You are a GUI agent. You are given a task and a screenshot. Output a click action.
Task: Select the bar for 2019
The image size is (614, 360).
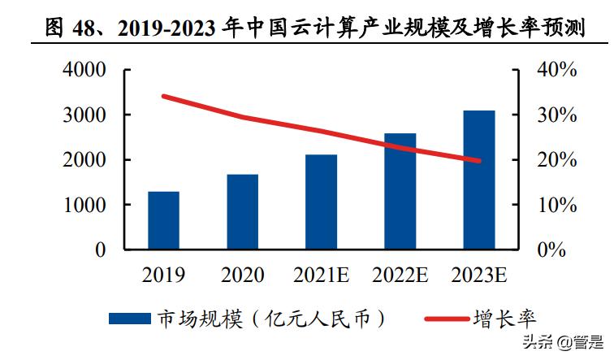pyautogui.click(x=163, y=220)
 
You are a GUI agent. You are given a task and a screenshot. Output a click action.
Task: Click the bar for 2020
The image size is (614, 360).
pyautogui.click(x=242, y=211)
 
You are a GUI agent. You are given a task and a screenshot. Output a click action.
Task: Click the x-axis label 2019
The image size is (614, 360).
pyautogui.click(x=163, y=275)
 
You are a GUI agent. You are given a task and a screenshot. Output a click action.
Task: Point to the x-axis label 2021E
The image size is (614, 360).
pyautogui.click(x=321, y=275)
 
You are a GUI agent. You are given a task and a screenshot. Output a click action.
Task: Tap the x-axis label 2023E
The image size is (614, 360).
pyautogui.click(x=478, y=275)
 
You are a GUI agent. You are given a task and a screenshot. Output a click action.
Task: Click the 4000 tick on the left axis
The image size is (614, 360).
pyautogui.click(x=84, y=70)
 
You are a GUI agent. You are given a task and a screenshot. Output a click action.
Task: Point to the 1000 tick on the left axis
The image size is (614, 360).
pyautogui.click(x=84, y=206)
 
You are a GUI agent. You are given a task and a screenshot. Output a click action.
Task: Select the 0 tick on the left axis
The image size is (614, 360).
pyautogui.click(x=100, y=250)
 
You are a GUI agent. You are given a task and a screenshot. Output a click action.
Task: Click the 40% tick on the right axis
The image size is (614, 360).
pyautogui.click(x=556, y=70)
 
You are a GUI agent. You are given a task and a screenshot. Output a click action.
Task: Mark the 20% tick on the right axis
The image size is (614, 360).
pyautogui.click(x=556, y=160)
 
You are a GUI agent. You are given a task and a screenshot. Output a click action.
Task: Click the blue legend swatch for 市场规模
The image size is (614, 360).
pyautogui.click(x=129, y=317)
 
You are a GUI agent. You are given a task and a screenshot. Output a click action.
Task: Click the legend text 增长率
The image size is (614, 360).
pyautogui.click(x=504, y=317)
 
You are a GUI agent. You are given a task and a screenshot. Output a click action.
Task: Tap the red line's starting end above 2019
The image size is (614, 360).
pyautogui.click(x=164, y=96)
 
